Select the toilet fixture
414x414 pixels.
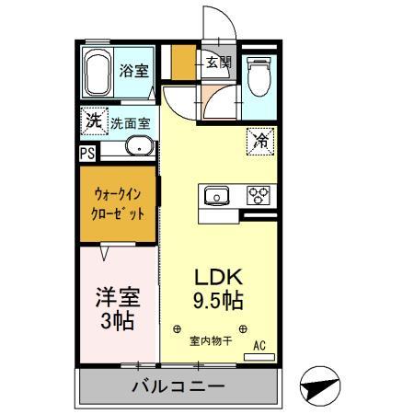click(x=259, y=75)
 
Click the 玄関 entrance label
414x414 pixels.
click(x=218, y=63)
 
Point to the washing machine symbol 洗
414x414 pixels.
click(x=93, y=120)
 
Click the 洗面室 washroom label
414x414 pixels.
click(x=132, y=121)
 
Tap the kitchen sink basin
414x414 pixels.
click(x=217, y=195)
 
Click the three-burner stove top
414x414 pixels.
click(x=257, y=195)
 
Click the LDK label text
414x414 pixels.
click(x=217, y=277)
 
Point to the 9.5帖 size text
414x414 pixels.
click(x=217, y=301)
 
